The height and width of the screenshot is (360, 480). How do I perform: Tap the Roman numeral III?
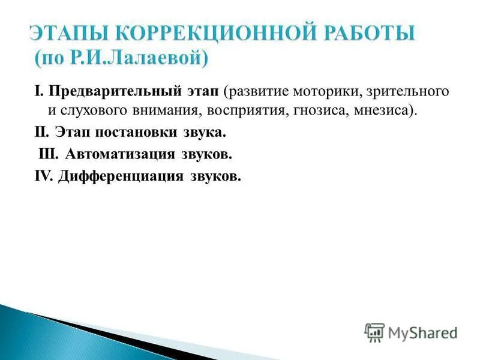point(48,154)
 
